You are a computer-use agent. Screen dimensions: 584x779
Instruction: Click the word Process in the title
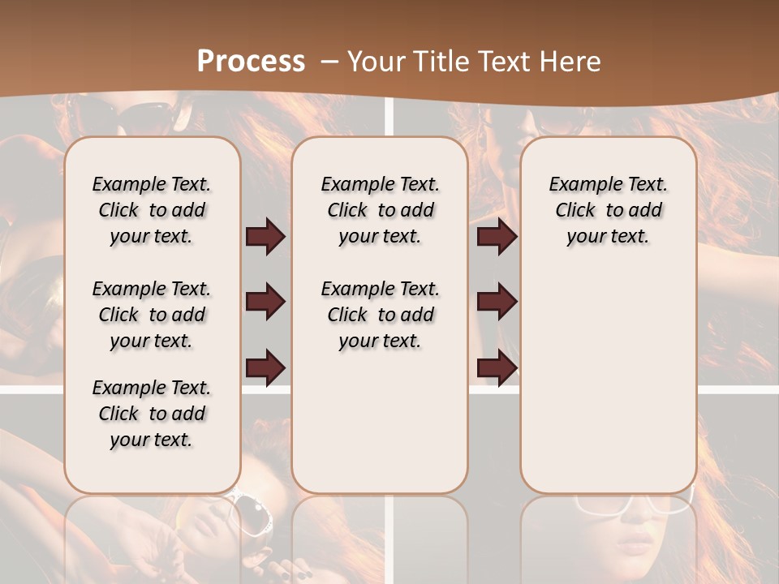point(251,62)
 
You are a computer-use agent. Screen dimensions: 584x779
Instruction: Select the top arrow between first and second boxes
point(265,237)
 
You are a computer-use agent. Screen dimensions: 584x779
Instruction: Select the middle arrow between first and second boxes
point(265,302)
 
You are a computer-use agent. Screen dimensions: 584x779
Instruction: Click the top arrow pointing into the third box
point(497,237)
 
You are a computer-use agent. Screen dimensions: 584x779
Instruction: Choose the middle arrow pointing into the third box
point(497,302)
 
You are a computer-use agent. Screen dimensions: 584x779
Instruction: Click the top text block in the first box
point(152,210)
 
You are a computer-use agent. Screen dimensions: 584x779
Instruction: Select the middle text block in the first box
point(152,315)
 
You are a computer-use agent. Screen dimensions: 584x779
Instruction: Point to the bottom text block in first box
point(152,414)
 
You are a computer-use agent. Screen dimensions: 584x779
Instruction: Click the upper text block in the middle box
point(380,210)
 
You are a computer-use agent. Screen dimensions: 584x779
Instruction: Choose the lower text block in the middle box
point(380,315)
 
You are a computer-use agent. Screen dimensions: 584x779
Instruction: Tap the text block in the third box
point(608,210)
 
